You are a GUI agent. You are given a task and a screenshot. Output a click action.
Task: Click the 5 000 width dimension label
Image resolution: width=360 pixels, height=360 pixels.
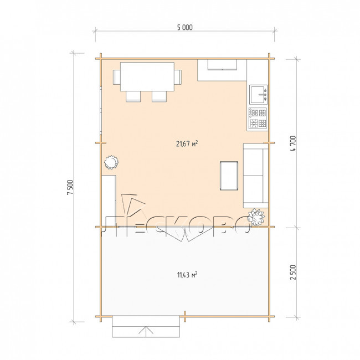[x=185, y=28]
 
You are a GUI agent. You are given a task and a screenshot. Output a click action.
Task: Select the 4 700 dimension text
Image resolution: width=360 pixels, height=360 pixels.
[x=293, y=143]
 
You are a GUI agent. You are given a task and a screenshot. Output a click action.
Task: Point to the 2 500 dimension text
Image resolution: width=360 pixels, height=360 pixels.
[x=293, y=272]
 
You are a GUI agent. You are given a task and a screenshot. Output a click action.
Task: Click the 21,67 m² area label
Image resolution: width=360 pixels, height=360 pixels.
[x=187, y=144]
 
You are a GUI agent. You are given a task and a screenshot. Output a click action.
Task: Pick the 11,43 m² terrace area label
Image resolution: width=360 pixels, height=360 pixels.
[x=187, y=275]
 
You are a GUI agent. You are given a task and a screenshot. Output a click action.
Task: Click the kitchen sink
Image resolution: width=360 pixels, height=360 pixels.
[x=259, y=94]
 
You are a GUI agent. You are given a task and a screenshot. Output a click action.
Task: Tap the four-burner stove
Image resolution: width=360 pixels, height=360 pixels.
[x=258, y=119]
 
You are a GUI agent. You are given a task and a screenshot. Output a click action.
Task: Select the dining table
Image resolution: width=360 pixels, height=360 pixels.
[x=147, y=76]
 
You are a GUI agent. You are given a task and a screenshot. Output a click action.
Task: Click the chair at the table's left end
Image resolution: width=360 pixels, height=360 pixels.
[x=117, y=77]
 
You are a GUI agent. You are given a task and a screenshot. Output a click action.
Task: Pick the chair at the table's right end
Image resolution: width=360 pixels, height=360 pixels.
[x=178, y=77]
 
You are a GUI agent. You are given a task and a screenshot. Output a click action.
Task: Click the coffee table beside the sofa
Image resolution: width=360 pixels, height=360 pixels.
[x=229, y=176]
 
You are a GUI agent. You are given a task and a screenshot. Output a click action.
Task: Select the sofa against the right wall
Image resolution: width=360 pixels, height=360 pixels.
[x=256, y=176]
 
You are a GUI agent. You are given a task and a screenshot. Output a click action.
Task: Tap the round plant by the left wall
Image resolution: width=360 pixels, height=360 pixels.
[x=111, y=162]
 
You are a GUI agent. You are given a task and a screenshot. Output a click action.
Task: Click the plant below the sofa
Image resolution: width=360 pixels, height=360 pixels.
[x=256, y=217]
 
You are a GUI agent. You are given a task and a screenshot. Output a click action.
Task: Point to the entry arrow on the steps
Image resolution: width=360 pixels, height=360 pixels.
[x=146, y=331]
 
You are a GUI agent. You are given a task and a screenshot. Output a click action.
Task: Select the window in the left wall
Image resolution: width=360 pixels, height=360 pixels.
[x=101, y=110]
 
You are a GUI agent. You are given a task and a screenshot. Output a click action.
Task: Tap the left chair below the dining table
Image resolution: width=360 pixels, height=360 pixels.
[x=133, y=96]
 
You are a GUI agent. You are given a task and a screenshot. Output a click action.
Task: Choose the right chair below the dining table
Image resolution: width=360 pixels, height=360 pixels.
[x=159, y=96]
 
